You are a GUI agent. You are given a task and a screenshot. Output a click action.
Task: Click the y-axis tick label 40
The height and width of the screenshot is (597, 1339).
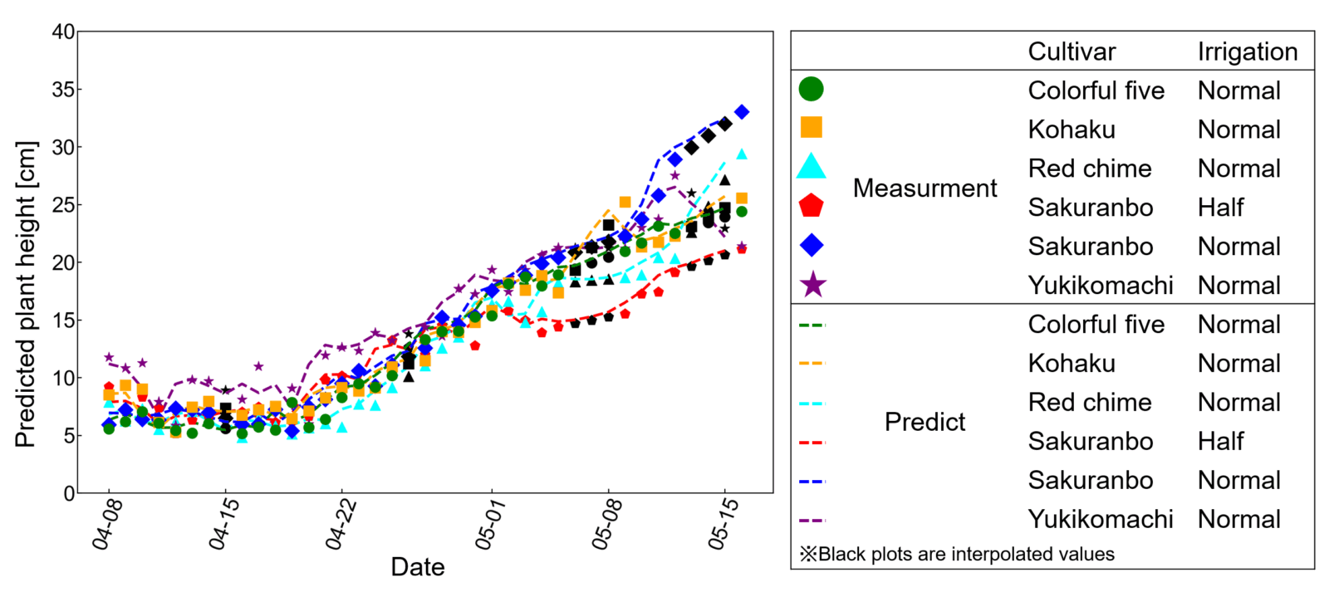tap(63, 32)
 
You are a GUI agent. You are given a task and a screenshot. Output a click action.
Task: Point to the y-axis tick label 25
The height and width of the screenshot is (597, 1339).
tap(63, 205)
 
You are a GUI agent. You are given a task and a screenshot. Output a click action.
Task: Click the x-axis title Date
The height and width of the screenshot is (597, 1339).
tap(418, 566)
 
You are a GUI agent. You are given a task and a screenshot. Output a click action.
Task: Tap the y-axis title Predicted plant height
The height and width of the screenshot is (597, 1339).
tap(26, 295)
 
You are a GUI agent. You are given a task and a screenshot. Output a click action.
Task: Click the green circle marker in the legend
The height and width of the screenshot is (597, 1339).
tap(811, 90)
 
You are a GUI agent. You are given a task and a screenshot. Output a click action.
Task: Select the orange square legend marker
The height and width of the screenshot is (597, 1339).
tap(811, 128)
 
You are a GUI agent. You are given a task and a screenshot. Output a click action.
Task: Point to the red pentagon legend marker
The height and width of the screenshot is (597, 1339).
tap(811, 206)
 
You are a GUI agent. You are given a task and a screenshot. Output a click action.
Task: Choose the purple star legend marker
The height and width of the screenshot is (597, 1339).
tap(812, 285)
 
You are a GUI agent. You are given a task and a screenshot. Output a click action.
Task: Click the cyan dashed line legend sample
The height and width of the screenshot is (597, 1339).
tap(812, 403)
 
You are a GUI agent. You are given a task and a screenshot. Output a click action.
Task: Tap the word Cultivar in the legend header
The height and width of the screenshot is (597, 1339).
tap(1072, 51)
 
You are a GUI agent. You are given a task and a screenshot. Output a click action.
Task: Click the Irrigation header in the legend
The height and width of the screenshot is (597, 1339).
tap(1247, 51)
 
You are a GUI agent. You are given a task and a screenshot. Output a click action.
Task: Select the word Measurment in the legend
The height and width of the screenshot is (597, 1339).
tap(925, 188)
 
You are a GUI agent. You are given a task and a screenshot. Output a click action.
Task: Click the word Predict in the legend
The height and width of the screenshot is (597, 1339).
tap(925, 422)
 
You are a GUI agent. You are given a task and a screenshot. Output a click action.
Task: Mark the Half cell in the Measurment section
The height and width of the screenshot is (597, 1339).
tap(1220, 208)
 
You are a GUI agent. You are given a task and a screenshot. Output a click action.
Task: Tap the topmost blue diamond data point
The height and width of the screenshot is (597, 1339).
tap(742, 111)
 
